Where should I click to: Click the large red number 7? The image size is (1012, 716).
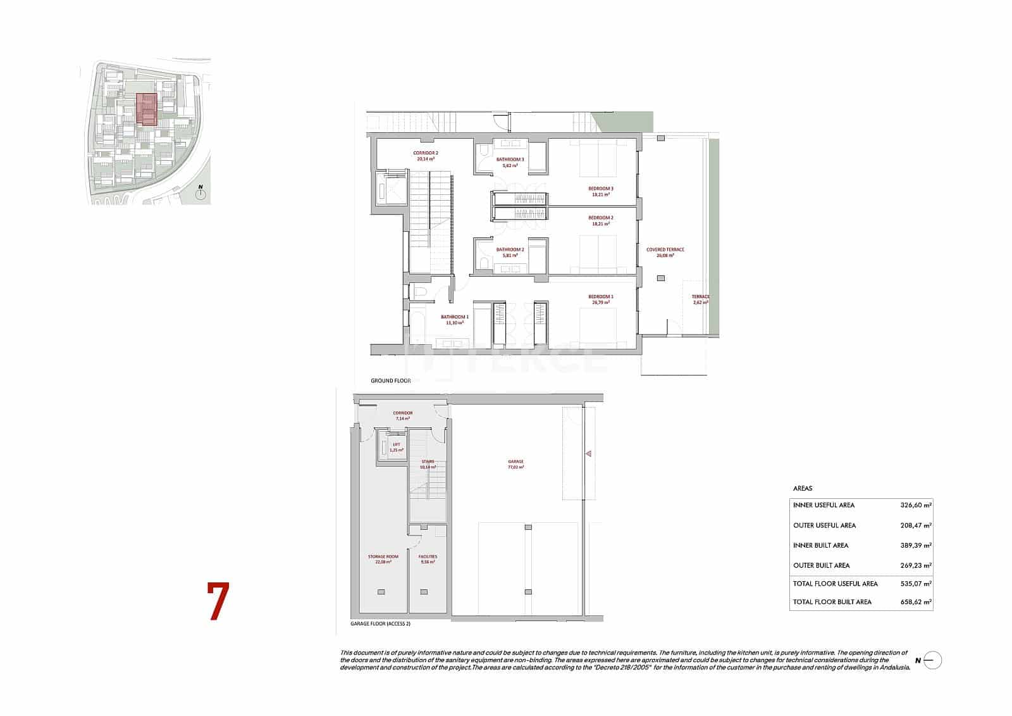click(218, 601)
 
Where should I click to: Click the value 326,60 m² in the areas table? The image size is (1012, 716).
click(915, 505)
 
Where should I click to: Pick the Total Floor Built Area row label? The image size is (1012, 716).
click(832, 602)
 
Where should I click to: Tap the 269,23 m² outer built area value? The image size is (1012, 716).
click(915, 565)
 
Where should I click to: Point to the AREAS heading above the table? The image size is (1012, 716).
click(803, 489)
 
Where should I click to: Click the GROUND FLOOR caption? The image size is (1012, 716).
click(391, 381)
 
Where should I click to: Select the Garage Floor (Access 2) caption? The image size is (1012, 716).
click(381, 624)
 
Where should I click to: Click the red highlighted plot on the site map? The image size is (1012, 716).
click(146, 110)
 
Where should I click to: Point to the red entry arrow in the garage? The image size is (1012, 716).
click(588, 454)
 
